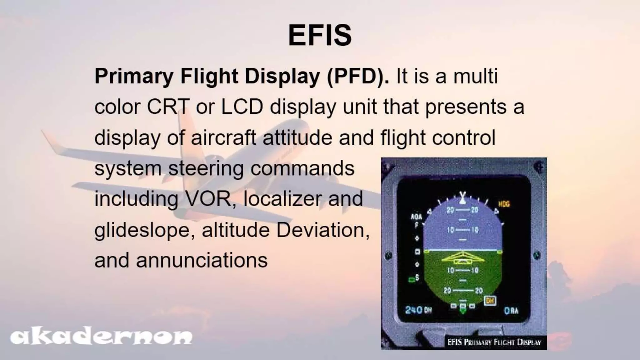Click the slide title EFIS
click(320, 35)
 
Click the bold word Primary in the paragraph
click(134, 77)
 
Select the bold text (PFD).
click(357, 77)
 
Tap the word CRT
click(168, 107)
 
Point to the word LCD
click(242, 107)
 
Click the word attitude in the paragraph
click(297, 137)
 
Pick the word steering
click(206, 169)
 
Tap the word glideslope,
click(145, 230)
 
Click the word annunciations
click(202, 260)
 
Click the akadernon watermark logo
click(101, 337)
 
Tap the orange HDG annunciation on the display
click(504, 204)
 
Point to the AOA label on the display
click(416, 217)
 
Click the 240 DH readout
click(418, 310)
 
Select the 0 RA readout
click(511, 310)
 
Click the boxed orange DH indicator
click(490, 301)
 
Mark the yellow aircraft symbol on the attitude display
click(463, 258)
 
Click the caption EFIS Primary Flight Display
click(494, 342)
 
